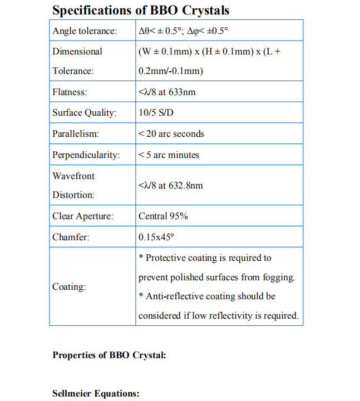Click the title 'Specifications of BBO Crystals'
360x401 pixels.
[140, 10]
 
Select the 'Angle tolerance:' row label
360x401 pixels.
[85, 31]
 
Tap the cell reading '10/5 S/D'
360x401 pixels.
[156, 113]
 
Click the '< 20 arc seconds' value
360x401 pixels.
[171, 134]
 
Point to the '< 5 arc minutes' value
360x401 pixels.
[168, 155]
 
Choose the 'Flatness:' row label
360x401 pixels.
[70, 92]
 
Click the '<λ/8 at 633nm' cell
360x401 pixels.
[167, 92]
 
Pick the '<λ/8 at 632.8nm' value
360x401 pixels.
[170, 186]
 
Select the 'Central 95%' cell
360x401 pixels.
[163, 216]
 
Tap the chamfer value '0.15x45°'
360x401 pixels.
[156, 237]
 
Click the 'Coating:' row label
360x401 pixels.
[69, 287]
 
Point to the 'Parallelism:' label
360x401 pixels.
[75, 134]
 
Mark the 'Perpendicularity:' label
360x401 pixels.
[86, 155]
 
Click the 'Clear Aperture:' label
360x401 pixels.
[82, 216]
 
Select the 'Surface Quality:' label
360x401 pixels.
[84, 113]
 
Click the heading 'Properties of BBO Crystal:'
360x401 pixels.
[109, 355]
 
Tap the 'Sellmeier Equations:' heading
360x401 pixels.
[96, 394]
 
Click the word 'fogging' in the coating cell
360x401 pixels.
[279, 277]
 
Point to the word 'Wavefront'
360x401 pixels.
[73, 176]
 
